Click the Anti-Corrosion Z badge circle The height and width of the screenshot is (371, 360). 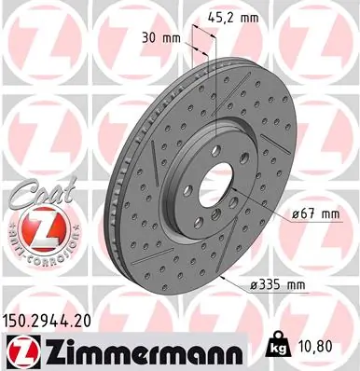coord(29,225)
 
